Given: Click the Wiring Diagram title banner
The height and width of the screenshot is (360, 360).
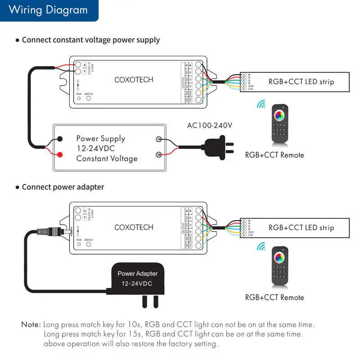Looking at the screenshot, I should [48, 10].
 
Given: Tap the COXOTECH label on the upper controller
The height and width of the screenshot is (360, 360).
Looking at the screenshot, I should [134, 80].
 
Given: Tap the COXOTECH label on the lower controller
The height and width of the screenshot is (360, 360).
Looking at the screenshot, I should [134, 227].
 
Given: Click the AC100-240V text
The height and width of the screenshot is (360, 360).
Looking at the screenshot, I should [210, 126].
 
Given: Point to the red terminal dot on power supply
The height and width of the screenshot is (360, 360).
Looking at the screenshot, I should [59, 155].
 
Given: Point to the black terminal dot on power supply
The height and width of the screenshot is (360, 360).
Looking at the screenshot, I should [59, 139].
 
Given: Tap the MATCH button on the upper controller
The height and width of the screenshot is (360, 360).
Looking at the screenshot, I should [89, 97].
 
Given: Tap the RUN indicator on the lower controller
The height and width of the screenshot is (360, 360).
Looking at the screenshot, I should [79, 245].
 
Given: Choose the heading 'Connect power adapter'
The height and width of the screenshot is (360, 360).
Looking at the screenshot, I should [63, 187].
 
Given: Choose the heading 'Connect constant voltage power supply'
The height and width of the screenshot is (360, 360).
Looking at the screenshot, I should [90, 40].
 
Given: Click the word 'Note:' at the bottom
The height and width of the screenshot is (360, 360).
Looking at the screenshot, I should [31, 324].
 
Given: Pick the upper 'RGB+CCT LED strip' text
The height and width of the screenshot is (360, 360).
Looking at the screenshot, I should [301, 81].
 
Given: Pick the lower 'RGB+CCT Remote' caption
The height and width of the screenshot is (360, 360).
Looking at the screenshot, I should [274, 297].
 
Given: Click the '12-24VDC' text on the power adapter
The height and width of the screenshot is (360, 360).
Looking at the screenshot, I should [137, 284].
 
